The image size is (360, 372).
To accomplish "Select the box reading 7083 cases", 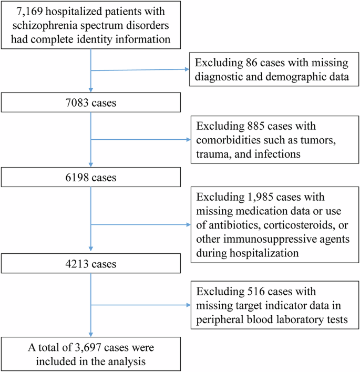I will click(92, 103).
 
